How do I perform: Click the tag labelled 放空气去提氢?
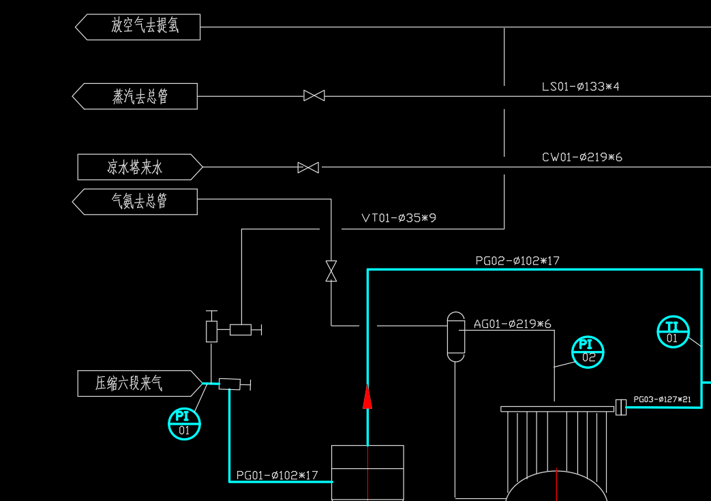pyautogui.click(x=138, y=27)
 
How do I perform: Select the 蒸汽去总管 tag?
pyautogui.click(x=136, y=96)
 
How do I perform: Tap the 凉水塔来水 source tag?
pyautogui.click(x=140, y=167)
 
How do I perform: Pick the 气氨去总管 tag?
pyautogui.click(x=136, y=202)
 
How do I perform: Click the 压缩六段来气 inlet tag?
pyautogui.click(x=139, y=384)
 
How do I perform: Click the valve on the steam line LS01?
pyautogui.click(x=314, y=96)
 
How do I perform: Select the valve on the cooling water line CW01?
pyautogui.click(x=308, y=167)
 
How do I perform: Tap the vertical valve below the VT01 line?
pyautogui.click(x=331, y=271)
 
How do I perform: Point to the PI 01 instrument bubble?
pyautogui.click(x=184, y=423)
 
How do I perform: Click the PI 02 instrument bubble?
pyautogui.click(x=588, y=352)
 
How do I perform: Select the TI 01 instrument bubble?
pyautogui.click(x=673, y=331)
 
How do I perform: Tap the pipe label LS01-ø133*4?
pyautogui.click(x=581, y=87)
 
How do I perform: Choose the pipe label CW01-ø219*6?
pyautogui.click(x=582, y=157)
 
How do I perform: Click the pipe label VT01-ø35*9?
pyautogui.click(x=399, y=218)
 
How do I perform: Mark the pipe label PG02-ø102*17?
pyautogui.click(x=517, y=260)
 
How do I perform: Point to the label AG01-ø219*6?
pyautogui.click(x=513, y=324)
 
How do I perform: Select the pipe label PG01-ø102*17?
pyautogui.click(x=277, y=475)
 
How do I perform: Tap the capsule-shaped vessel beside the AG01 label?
pyautogui.click(x=455, y=336)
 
